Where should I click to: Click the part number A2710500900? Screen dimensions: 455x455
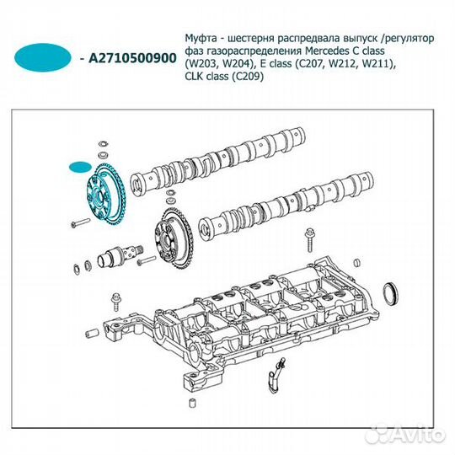[x=132, y=58]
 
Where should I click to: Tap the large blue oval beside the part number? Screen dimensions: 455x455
[x=43, y=57]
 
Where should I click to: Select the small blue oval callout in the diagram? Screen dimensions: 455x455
[x=80, y=167]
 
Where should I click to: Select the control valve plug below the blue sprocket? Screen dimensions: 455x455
[x=120, y=254]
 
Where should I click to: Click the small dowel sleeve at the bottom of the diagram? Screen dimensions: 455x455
[x=193, y=404]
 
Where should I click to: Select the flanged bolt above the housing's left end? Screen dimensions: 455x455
[x=115, y=302]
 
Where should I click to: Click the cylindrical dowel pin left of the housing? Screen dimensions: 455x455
[x=92, y=334]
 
